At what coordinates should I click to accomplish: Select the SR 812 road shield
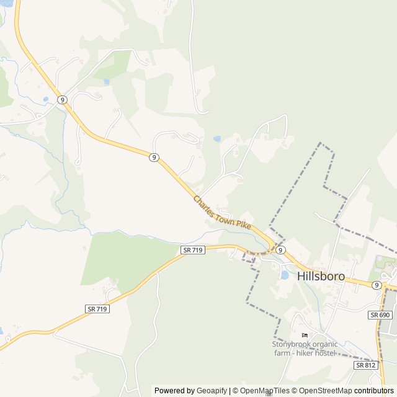point(365,365)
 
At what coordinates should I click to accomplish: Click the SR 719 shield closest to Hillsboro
point(193,249)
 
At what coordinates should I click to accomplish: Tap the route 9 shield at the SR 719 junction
point(281,249)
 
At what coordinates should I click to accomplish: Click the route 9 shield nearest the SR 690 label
point(377,285)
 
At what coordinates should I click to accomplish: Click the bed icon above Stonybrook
point(304,336)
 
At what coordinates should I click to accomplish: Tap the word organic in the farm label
point(325,344)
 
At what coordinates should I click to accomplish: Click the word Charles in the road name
point(204,203)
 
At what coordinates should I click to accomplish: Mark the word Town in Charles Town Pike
point(224,214)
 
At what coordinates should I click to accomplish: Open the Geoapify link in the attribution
point(212,391)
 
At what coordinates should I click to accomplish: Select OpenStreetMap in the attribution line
point(324,391)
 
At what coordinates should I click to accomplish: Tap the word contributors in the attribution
point(375,391)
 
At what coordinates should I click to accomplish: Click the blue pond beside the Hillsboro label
point(285,274)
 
